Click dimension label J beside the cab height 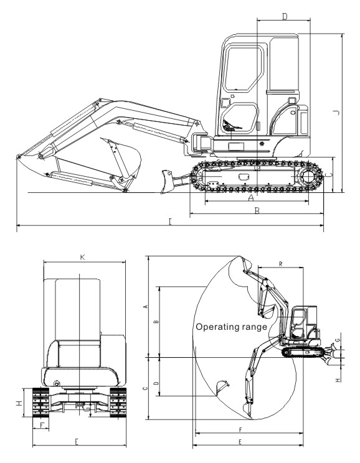(336, 113)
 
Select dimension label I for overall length (170, 222)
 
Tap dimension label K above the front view (82, 258)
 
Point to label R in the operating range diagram (280, 264)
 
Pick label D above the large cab (285, 17)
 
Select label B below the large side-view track (257, 211)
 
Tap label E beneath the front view (77, 442)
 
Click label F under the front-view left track (42, 426)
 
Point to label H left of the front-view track (19, 403)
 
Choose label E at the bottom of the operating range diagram (240, 442)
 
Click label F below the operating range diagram (240, 430)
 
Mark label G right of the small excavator (338, 340)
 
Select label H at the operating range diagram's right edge (338, 381)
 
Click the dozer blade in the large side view (166, 182)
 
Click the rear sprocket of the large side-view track (308, 177)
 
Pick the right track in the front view (118, 402)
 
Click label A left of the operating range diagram (145, 307)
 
